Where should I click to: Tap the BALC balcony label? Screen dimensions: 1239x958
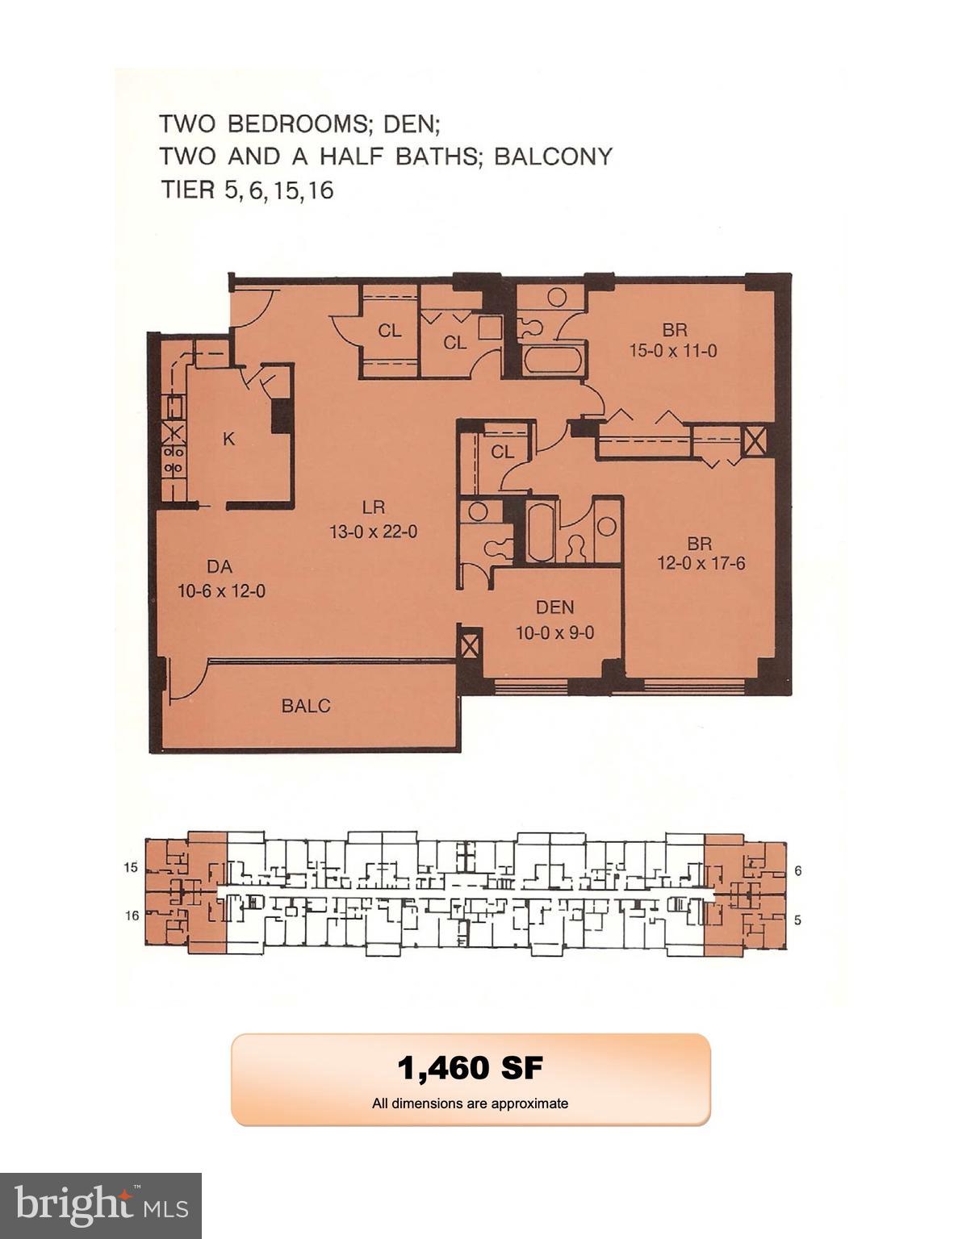click(x=306, y=706)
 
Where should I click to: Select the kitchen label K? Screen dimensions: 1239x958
click(x=228, y=439)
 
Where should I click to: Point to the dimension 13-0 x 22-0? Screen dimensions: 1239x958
click(x=373, y=532)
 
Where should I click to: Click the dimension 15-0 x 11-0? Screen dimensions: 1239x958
click(x=674, y=351)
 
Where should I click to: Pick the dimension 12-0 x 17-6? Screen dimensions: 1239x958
click(x=701, y=563)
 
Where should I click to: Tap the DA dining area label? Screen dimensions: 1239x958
click(x=219, y=567)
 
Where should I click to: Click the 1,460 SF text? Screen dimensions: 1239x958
click(x=471, y=1068)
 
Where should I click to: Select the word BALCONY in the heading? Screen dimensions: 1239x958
click(x=553, y=156)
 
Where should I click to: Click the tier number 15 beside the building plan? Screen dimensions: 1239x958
click(x=132, y=868)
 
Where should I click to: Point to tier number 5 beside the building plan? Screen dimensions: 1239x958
click(x=797, y=920)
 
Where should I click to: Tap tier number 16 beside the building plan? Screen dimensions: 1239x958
click(x=132, y=916)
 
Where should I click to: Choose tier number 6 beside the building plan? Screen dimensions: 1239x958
click(x=797, y=871)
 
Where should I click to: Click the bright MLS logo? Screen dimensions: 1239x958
click(x=101, y=1205)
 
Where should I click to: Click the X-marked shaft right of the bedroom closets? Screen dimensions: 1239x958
click(x=755, y=440)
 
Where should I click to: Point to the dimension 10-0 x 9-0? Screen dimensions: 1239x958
click(x=554, y=633)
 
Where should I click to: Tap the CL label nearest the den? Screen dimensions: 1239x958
click(x=502, y=452)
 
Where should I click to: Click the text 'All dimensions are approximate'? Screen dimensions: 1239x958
click(x=470, y=1103)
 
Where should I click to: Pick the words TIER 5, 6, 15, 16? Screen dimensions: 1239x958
click(x=246, y=190)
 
